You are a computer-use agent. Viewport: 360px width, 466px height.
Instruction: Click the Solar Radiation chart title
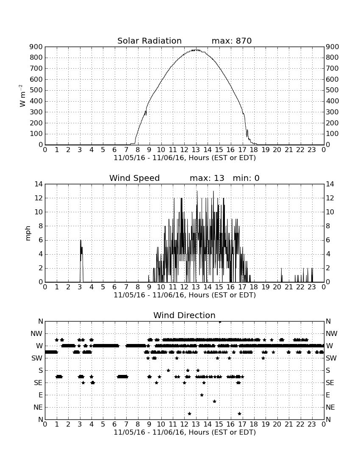[x=150, y=41]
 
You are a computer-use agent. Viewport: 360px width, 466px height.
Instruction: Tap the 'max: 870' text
[x=232, y=41]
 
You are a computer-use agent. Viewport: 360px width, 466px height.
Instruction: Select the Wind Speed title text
[x=135, y=178]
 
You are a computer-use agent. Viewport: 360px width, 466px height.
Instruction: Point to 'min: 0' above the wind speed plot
[x=246, y=178]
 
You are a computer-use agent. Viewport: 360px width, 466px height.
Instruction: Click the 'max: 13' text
[x=207, y=178]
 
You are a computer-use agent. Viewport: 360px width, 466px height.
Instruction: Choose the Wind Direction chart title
[x=184, y=315]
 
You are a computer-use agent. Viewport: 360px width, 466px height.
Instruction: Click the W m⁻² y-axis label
[x=22, y=96]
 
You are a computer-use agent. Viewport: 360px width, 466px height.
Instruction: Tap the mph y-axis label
[x=28, y=233]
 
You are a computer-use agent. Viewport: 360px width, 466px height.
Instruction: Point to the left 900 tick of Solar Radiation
[x=36, y=47]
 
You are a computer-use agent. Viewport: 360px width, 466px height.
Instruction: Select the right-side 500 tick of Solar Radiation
[x=332, y=90]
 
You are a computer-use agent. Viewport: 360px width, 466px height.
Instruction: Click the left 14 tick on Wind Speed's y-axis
[x=39, y=184]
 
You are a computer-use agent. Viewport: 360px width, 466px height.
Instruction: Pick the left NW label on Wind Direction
[x=37, y=334]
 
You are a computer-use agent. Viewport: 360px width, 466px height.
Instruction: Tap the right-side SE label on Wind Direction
[x=330, y=383]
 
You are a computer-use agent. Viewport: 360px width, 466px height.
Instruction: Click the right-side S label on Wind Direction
[x=328, y=371]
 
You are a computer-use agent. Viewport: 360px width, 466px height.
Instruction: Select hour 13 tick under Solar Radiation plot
[x=196, y=150]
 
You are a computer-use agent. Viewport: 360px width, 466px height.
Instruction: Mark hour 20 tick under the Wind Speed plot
[x=277, y=287]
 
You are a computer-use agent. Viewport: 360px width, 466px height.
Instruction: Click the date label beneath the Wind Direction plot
[x=185, y=432]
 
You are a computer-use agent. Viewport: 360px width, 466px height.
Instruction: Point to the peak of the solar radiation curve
[x=196, y=50]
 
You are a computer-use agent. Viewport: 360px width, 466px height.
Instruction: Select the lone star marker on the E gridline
[x=202, y=395]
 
